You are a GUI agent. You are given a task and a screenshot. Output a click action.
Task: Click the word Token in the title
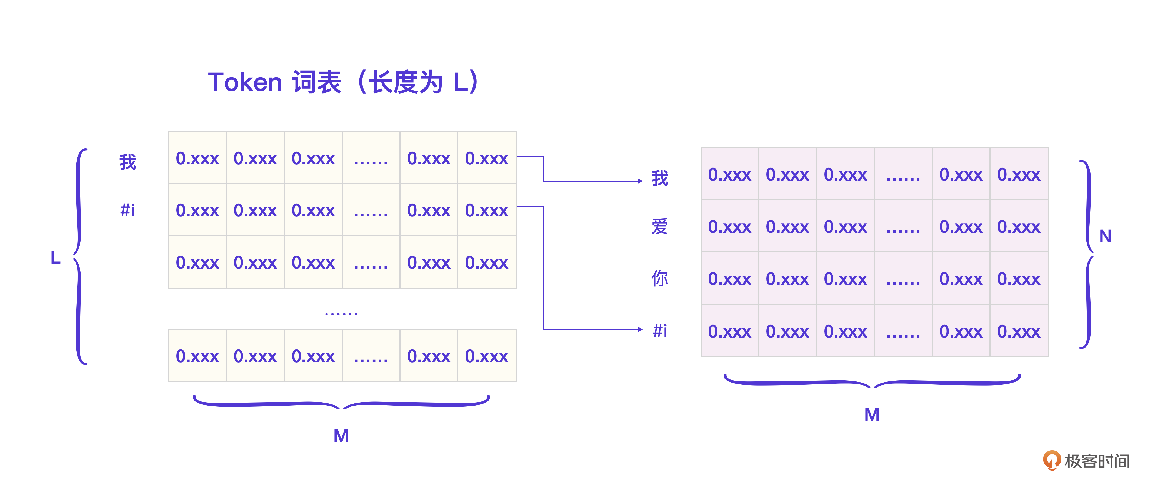[245, 82]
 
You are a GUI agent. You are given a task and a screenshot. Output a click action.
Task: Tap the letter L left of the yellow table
[55, 257]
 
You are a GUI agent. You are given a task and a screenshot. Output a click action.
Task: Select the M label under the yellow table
[341, 436]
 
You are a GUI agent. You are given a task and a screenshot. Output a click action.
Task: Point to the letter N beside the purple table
[1105, 236]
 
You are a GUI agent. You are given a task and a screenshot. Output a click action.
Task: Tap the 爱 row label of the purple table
[660, 227]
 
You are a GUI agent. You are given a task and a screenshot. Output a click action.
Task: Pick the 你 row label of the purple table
[660, 278]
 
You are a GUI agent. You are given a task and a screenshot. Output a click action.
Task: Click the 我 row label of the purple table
[660, 178]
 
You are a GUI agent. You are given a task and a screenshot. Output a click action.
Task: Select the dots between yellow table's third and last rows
[341, 314]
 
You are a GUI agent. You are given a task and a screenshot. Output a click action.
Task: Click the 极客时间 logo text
[1097, 461]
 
